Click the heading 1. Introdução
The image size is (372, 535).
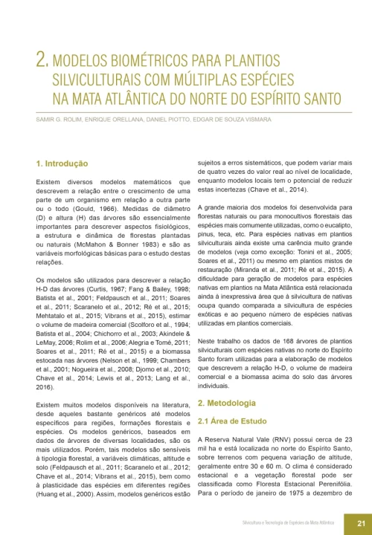pos(62,163)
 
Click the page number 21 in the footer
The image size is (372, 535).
pos(359,522)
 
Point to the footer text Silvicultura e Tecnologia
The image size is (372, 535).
pos(272,522)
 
